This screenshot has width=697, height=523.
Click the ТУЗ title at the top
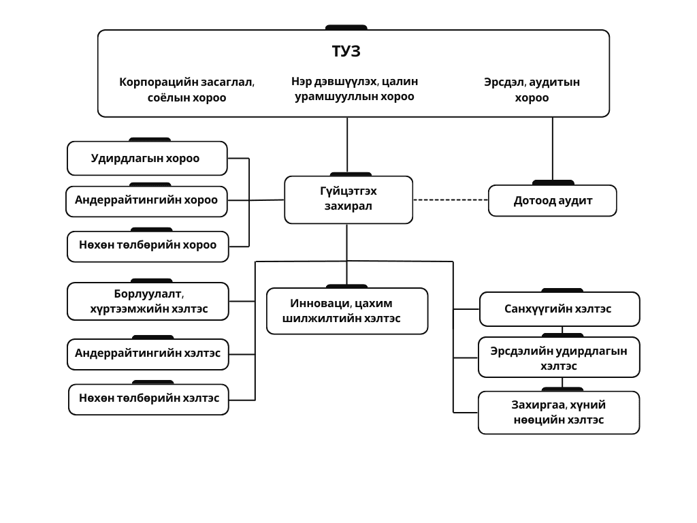346,52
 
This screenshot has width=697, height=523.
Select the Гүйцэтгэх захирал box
348,200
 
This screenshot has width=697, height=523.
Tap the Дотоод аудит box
552,201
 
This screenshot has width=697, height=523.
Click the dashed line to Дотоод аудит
451,200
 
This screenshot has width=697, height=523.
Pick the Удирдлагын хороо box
147,159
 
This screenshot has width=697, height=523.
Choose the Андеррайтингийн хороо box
147,201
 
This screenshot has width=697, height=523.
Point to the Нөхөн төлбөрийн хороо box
147,246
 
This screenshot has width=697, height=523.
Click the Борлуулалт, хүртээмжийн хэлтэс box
148,301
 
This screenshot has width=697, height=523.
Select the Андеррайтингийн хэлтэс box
148,353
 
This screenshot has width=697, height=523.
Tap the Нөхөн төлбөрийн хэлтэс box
148,399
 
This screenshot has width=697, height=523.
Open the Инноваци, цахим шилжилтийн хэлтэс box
347,311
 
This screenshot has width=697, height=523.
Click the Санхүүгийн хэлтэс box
560,309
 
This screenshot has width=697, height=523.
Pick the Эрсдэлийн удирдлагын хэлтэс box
559,358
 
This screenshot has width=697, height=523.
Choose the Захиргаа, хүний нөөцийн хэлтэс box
559,413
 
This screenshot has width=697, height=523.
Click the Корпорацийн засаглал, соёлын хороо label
187,90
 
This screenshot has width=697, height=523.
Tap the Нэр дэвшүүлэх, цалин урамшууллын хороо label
355,89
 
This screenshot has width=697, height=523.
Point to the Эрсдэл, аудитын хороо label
532,90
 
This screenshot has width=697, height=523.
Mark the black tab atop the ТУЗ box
346,27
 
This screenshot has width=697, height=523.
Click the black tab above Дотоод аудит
553,183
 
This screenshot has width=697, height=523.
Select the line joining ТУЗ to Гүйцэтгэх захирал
347,145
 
